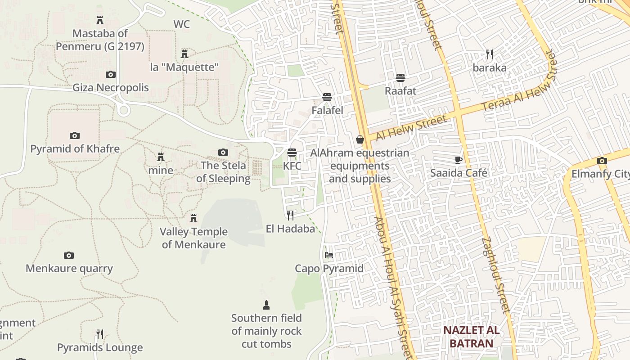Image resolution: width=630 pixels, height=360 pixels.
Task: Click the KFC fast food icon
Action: pos(292,153)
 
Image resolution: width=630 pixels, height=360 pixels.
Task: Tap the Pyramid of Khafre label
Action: pos(75,149)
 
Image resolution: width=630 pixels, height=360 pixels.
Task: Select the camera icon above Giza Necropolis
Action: pos(111,74)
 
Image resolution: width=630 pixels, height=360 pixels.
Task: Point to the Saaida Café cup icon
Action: pos(459,160)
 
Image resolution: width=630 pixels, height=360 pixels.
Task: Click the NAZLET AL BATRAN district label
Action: pos(471,337)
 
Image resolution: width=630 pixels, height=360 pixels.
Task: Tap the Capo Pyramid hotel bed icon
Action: pos(329,255)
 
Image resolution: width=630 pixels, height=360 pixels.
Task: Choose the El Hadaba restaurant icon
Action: pos(290,215)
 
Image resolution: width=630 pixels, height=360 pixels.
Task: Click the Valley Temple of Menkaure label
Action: pos(194,238)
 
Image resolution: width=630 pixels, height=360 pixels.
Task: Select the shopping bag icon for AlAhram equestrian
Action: pos(360,139)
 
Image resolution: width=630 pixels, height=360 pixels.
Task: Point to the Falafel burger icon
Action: pos(327,97)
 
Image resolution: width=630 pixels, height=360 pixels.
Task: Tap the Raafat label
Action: pos(400,91)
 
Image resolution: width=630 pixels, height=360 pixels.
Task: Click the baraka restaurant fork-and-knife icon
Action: pos(490,54)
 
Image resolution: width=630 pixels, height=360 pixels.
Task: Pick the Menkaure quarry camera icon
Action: pos(69,255)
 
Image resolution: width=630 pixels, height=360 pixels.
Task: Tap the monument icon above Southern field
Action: pos(266,305)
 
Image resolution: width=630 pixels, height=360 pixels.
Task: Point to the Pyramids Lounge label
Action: pos(100,347)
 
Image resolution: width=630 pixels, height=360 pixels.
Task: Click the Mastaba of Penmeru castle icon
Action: pos(100,20)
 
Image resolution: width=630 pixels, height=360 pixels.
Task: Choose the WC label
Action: pos(182,24)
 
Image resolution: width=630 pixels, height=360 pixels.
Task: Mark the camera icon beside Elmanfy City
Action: pos(602,161)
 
